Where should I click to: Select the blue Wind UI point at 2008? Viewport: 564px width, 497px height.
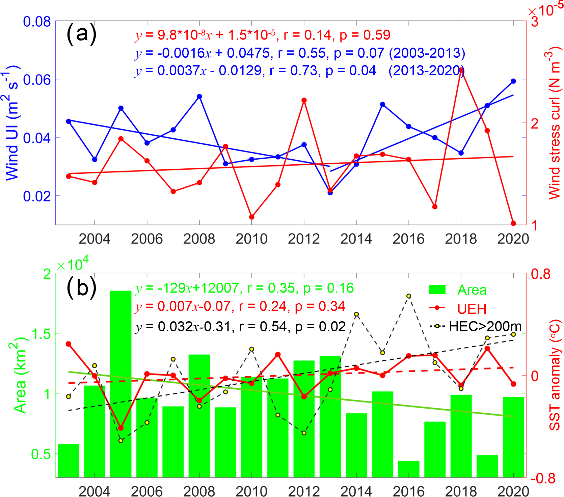[x=199, y=96]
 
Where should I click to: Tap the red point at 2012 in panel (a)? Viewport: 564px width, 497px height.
[x=304, y=100]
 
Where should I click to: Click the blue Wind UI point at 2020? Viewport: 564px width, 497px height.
[x=513, y=81]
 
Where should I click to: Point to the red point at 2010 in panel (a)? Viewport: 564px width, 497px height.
[x=252, y=217]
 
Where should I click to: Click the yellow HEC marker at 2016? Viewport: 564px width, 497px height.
[x=409, y=296]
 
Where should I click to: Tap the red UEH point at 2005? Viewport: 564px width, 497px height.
[x=121, y=428]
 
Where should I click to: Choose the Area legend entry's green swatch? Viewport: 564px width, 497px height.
[x=437, y=290]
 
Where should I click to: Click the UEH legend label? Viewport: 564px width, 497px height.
[x=472, y=309]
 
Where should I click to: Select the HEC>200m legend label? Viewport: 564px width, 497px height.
[x=485, y=326]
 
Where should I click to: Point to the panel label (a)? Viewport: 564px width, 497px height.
[x=82, y=34]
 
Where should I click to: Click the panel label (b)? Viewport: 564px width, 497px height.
[x=82, y=288]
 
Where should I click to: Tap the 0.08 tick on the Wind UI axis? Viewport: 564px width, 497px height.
[x=37, y=22]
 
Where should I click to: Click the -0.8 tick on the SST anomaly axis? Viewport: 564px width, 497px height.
[x=543, y=478]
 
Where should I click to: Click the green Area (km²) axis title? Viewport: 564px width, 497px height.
[x=20, y=375]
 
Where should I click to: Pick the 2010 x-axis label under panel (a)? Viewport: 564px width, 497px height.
[x=251, y=239]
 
